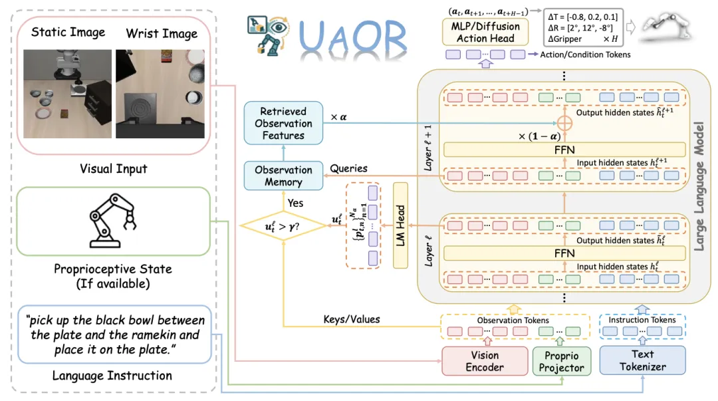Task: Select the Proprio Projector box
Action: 562,360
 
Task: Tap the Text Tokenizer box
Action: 642,360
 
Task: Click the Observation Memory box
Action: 283,176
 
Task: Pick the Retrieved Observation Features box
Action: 283,124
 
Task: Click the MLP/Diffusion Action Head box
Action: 485,32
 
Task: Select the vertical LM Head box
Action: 401,225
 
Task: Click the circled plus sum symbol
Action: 564,124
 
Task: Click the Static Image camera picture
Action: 68,84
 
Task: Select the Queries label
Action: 349,169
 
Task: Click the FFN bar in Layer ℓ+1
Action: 564,150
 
